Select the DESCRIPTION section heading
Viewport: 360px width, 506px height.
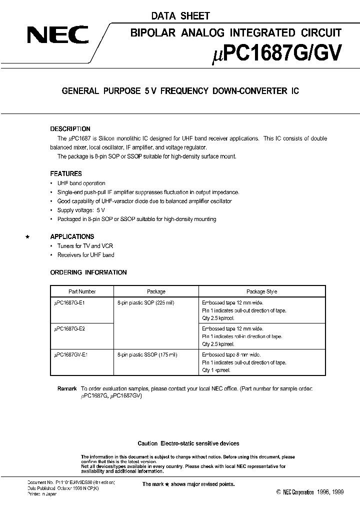(70, 128)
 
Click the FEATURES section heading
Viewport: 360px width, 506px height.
(66, 173)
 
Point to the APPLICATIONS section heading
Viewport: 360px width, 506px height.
(72, 236)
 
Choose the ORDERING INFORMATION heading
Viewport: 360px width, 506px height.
(88, 272)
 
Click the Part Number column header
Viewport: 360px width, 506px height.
(82, 291)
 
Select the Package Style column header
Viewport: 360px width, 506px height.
(262, 291)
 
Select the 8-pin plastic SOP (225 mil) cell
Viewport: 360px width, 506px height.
(145, 303)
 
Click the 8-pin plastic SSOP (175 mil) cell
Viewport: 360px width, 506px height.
(147, 354)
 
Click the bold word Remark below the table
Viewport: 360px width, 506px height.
(67, 388)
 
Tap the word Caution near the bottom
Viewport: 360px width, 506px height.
(147, 443)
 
